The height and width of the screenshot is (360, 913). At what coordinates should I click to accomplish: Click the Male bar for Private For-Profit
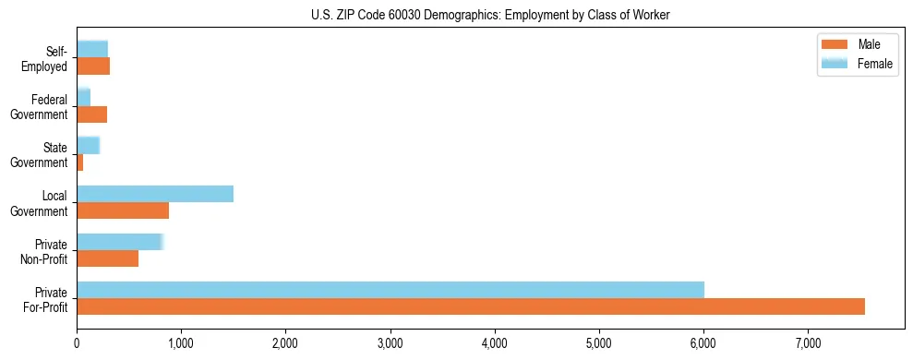pyautogui.click(x=471, y=306)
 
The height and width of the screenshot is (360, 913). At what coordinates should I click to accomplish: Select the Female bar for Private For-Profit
pyautogui.click(x=390, y=290)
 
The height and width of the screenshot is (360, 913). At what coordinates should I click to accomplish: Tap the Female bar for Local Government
pyautogui.click(x=155, y=194)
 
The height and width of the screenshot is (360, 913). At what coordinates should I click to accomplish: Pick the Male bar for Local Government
pyautogui.click(x=123, y=210)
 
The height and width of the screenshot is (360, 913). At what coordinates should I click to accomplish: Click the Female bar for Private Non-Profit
pyautogui.click(x=120, y=242)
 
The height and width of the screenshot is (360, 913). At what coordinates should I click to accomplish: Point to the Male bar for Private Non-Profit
pyautogui.click(x=108, y=258)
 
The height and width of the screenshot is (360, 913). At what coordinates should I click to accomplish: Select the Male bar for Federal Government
pyautogui.click(x=92, y=114)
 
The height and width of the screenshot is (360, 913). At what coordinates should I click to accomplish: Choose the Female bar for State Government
pyautogui.click(x=88, y=145)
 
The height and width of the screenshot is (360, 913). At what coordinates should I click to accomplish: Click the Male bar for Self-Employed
pyautogui.click(x=93, y=66)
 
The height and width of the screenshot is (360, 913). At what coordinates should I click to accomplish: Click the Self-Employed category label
pyautogui.click(x=50, y=58)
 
